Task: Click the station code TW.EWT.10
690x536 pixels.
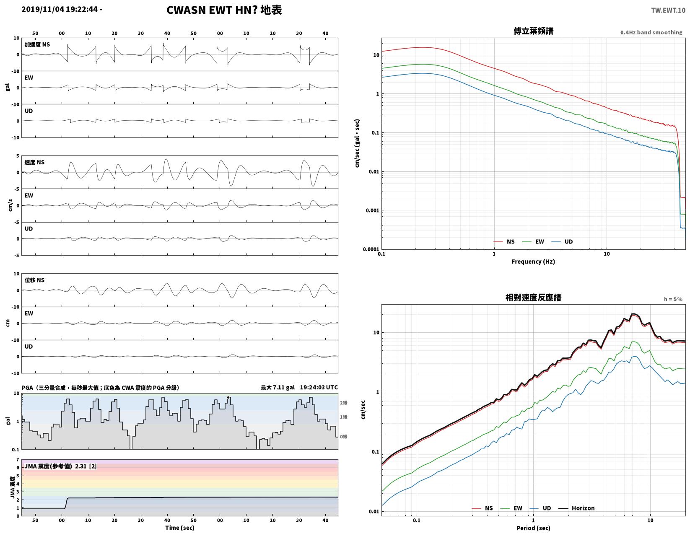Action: (x=668, y=10)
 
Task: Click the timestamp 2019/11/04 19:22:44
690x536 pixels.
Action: (x=60, y=9)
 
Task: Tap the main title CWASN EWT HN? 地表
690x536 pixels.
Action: (x=224, y=10)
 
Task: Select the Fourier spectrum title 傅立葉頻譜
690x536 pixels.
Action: (x=533, y=31)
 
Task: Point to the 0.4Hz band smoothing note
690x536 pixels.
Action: (x=651, y=32)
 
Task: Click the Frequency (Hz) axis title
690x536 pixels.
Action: (x=533, y=262)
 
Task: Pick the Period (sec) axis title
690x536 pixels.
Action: (x=533, y=528)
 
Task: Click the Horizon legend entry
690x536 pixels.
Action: (x=576, y=508)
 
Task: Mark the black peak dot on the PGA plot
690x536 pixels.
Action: (x=228, y=397)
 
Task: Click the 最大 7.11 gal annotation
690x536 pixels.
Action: (x=278, y=388)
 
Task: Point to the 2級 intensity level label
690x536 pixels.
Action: (x=344, y=403)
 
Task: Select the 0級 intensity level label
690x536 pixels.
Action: (x=344, y=437)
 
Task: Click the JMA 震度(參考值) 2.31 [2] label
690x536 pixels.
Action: (x=60, y=466)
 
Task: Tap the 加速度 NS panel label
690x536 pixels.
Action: (x=37, y=44)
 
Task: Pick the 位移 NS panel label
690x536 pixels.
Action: (x=34, y=280)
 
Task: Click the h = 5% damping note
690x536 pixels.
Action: (x=673, y=299)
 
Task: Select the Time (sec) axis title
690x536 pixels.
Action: (x=180, y=528)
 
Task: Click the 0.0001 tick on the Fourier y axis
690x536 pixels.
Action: (x=371, y=249)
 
